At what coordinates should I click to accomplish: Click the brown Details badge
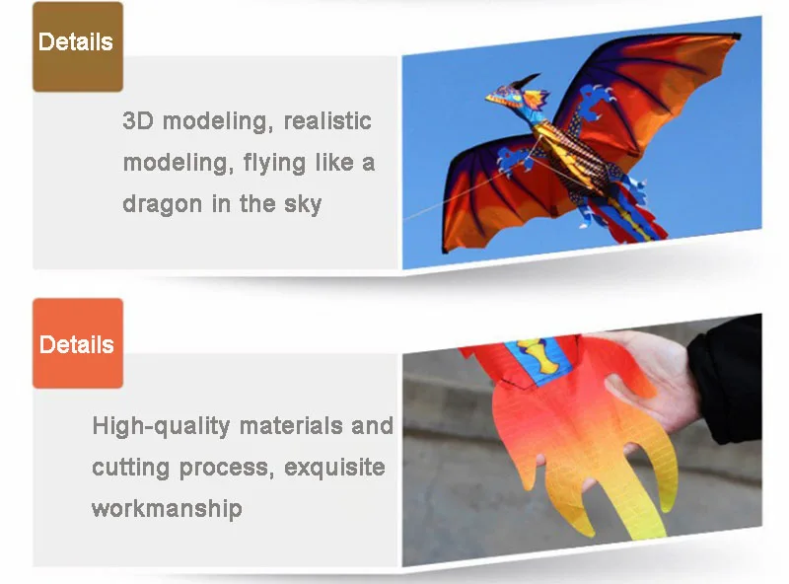78,46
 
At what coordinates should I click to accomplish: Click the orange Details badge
78,343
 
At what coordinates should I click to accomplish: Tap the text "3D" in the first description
138,120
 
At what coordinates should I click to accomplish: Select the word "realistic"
327,120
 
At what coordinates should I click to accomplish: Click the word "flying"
274,164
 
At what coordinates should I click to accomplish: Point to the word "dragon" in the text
162,205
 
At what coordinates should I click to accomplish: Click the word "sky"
303,205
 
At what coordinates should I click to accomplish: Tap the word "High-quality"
161,426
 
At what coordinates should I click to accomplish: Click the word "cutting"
131,469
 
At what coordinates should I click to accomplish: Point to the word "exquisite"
334,468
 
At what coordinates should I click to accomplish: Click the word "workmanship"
167,509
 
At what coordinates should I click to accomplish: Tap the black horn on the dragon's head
526,81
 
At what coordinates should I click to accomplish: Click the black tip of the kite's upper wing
736,36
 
